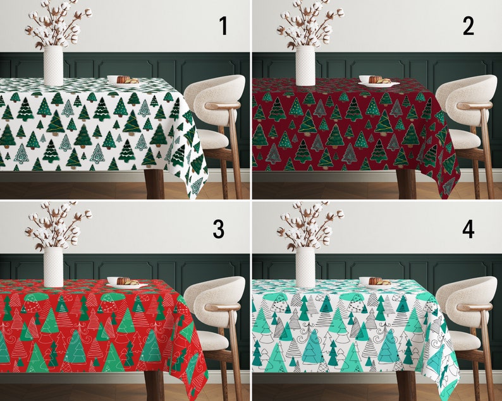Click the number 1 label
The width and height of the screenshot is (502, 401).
pyautogui.click(x=223, y=27)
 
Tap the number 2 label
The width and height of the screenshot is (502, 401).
pyautogui.click(x=468, y=27)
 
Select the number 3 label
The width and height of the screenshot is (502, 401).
pyautogui.click(x=219, y=229)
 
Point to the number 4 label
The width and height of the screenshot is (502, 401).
pyautogui.click(x=468, y=229)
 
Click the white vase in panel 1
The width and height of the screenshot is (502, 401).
pyautogui.click(x=53, y=65)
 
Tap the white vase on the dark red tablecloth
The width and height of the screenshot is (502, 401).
pyautogui.click(x=305, y=65)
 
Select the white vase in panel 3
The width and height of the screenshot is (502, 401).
pyautogui.click(x=53, y=266)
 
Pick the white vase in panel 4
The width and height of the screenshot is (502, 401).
pyautogui.click(x=305, y=266)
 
